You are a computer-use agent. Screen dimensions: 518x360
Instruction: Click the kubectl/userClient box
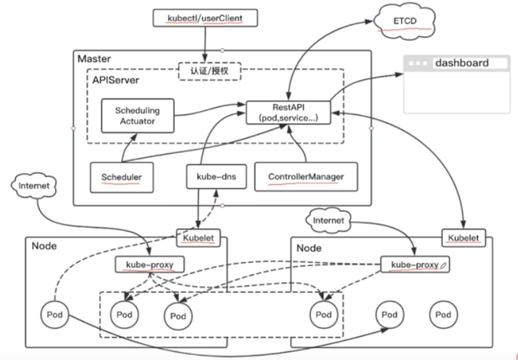(205, 18)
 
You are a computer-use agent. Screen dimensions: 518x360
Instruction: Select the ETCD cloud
(404, 21)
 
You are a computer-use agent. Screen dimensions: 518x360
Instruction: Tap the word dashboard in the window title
(462, 63)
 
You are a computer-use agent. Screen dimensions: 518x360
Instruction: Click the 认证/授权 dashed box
(209, 71)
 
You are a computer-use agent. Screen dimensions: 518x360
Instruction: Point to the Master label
(94, 59)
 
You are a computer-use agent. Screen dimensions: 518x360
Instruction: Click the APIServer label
(116, 80)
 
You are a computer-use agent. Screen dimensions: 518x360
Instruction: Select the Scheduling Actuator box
(138, 116)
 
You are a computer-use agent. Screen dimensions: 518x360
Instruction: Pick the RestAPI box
(289, 112)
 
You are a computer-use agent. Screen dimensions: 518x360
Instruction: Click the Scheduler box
(122, 177)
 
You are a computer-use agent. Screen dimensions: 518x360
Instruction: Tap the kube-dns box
(216, 176)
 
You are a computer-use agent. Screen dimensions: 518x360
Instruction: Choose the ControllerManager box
(306, 176)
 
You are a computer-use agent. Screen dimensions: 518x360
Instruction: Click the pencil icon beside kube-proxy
(444, 265)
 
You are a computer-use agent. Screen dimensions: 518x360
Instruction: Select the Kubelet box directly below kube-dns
(198, 238)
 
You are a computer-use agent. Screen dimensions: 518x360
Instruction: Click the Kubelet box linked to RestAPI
(463, 238)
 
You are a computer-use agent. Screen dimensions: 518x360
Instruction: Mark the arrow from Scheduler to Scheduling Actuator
(126, 148)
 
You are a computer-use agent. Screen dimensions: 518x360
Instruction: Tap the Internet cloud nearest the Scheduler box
(34, 186)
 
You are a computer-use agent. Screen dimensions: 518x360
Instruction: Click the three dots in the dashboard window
(418, 63)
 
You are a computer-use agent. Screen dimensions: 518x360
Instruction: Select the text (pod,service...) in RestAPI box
(289, 118)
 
